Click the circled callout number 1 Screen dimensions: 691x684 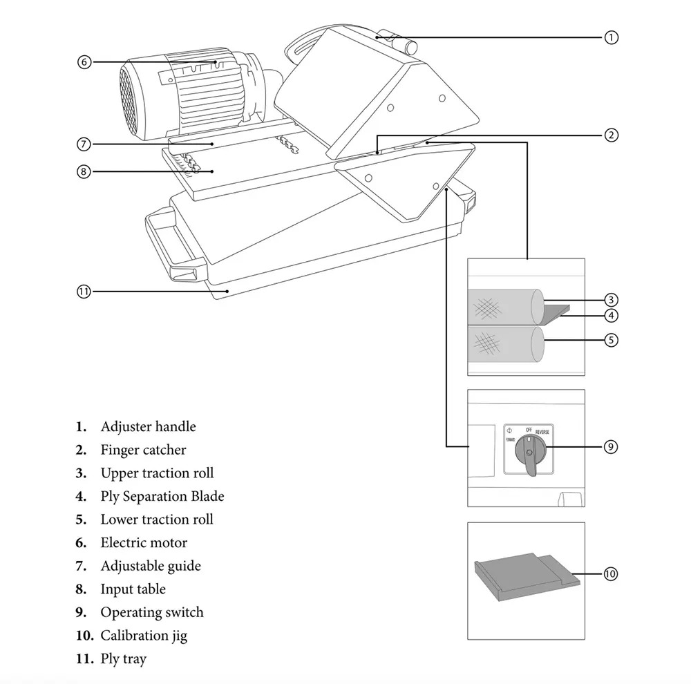pos(611,37)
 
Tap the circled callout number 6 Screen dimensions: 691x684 pos(84,61)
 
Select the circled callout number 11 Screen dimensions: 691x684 pos(84,292)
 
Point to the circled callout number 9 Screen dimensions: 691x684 pos(610,447)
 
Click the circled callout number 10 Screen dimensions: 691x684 pos(610,574)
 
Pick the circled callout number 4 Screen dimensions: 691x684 pos(611,316)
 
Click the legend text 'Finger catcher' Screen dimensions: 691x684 pos(143,450)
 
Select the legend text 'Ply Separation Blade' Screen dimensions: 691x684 pos(162,497)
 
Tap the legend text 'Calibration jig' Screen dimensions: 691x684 pos(144,636)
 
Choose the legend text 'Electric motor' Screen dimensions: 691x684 pos(144,542)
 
